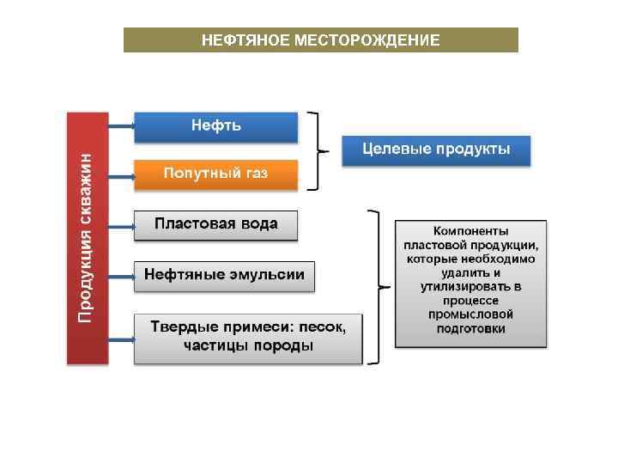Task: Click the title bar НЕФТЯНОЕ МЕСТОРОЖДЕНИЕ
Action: point(320,40)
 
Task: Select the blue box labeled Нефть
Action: point(215,126)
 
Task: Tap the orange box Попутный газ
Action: point(215,174)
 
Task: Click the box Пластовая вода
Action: point(215,224)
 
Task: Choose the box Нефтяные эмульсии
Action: point(224,276)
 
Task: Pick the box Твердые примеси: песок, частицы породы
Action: point(248,337)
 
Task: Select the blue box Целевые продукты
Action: point(436,150)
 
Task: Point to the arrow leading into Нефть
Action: point(121,126)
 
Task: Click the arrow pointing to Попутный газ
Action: point(121,177)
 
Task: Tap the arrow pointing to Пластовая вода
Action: point(121,227)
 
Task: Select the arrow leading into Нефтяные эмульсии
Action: point(121,277)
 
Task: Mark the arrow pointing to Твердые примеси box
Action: point(121,339)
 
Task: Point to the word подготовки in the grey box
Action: point(470,328)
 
